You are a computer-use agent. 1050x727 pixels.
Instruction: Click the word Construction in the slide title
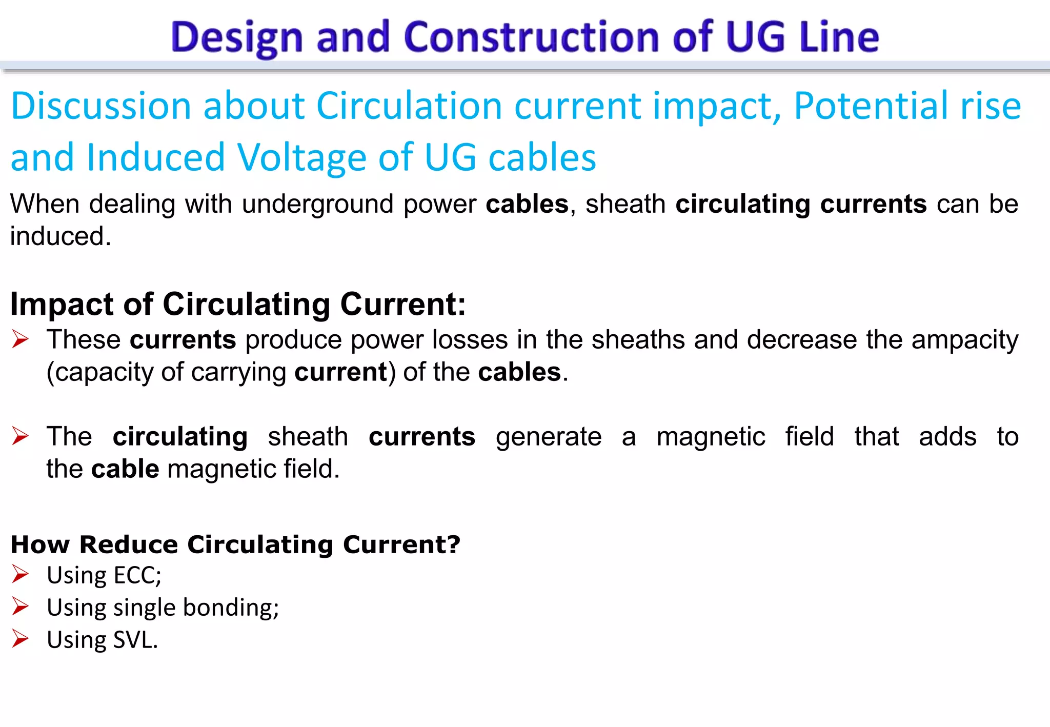pyautogui.click(x=532, y=37)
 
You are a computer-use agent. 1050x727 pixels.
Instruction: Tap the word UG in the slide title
pyautogui.click(x=756, y=37)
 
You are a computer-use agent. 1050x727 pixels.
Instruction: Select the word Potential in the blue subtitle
pyautogui.click(x=871, y=106)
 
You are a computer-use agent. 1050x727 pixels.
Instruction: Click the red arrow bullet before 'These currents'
pyautogui.click(x=21, y=339)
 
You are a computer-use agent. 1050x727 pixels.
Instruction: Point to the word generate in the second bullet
pyautogui.click(x=549, y=437)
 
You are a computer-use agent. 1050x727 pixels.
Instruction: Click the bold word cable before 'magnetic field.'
pyautogui.click(x=125, y=469)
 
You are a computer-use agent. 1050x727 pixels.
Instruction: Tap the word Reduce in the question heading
pyautogui.click(x=129, y=544)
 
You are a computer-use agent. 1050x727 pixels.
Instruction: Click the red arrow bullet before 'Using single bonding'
pyautogui.click(x=21, y=607)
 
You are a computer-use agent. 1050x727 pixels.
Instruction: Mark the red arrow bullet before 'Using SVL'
pyautogui.click(x=21, y=639)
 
